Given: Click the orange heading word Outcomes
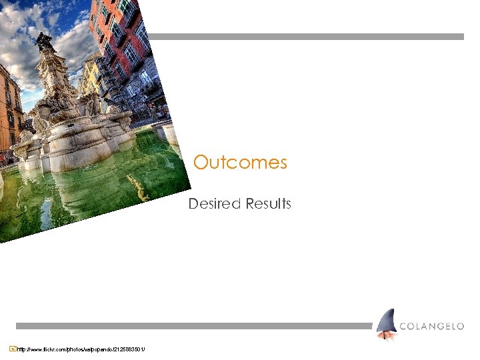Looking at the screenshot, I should [x=240, y=163].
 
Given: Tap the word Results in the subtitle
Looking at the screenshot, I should [x=268, y=204].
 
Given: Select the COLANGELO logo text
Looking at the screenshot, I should [x=431, y=326].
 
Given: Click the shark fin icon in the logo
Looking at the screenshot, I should [x=386, y=325].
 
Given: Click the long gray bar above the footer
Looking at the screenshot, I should [x=193, y=326].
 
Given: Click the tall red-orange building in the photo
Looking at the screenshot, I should [x=113, y=33].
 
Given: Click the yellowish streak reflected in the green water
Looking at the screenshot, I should [x=137, y=187].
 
